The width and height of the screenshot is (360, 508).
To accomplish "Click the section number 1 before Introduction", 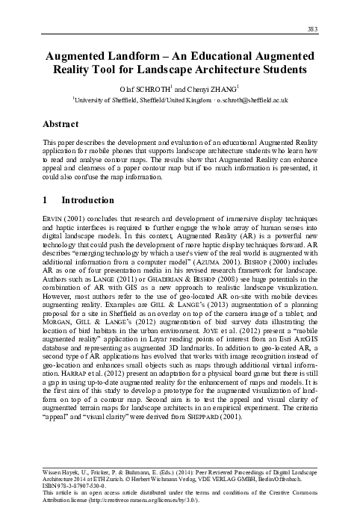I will point(45,200).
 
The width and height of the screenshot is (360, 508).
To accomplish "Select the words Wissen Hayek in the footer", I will point(60,465).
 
